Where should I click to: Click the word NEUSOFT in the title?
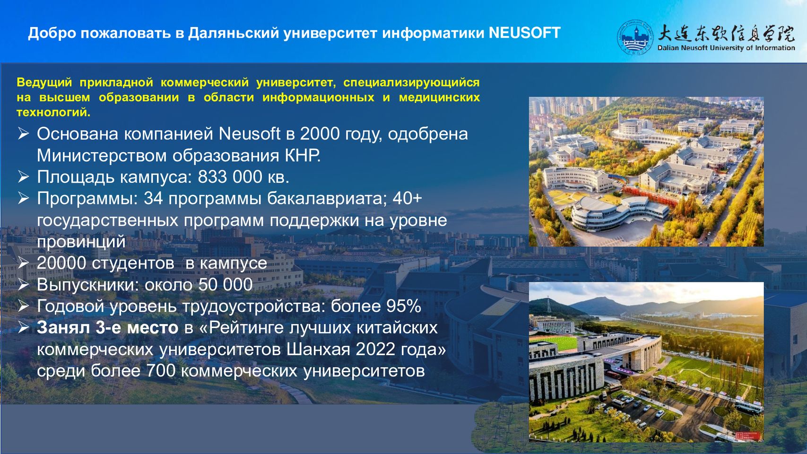click(525, 33)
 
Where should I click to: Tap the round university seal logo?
click(635, 37)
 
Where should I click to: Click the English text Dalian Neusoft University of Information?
click(726, 48)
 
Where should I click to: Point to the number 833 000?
click(230, 177)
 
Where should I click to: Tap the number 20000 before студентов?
click(61, 263)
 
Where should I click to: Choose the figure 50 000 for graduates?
click(226, 285)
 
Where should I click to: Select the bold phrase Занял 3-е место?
click(107, 328)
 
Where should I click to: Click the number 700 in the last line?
click(161, 371)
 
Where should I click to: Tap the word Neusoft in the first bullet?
click(250, 134)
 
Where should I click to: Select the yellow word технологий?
click(53, 113)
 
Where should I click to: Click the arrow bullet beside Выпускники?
click(23, 285)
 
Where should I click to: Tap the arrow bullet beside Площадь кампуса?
click(23, 177)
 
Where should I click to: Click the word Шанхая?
click(319, 349)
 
